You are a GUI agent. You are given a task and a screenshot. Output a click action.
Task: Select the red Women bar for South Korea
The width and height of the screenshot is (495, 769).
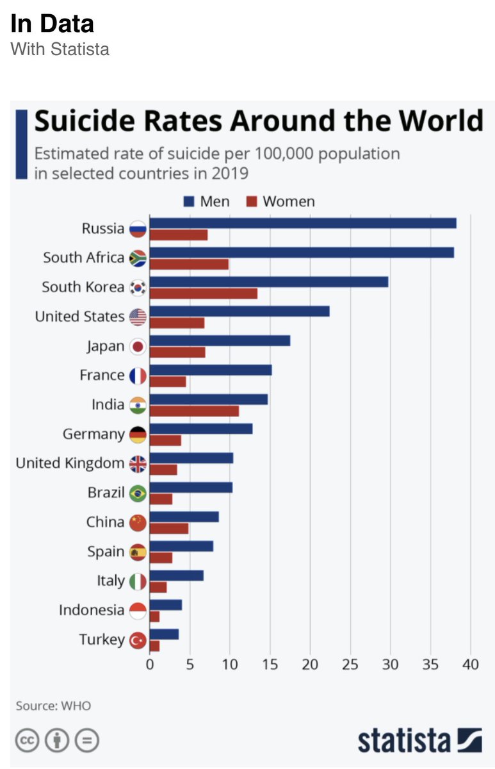pyautogui.click(x=203, y=294)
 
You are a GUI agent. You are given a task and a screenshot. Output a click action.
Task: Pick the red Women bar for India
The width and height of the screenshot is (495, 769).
pyautogui.click(x=193, y=411)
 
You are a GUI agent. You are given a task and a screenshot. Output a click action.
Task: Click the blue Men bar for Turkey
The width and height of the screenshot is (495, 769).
pyautogui.click(x=164, y=634)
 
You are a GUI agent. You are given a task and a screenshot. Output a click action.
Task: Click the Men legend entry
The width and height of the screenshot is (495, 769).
pyautogui.click(x=206, y=201)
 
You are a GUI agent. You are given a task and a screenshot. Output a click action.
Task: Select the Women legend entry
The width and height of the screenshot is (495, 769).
pyautogui.click(x=281, y=201)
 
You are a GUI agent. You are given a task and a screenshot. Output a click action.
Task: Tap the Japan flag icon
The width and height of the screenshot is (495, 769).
pyautogui.click(x=138, y=347)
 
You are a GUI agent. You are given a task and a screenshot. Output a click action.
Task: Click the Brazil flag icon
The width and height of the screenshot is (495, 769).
pyautogui.click(x=138, y=493)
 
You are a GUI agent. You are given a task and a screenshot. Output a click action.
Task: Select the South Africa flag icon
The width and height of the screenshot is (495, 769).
pyautogui.click(x=138, y=258)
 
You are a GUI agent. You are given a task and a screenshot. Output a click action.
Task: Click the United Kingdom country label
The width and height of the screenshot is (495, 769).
pyautogui.click(x=70, y=463)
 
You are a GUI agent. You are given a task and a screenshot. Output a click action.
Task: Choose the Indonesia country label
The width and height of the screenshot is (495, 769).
pyautogui.click(x=92, y=609)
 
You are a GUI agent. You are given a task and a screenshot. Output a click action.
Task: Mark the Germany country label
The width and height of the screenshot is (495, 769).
pyautogui.click(x=93, y=434)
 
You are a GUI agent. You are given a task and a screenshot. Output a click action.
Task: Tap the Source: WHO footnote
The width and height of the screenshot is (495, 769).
pyautogui.click(x=53, y=706)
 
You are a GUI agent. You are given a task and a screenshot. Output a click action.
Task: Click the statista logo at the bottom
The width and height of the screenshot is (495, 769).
pyautogui.click(x=419, y=740)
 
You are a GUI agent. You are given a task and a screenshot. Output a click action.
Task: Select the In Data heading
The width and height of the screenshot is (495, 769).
pyautogui.click(x=52, y=24)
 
